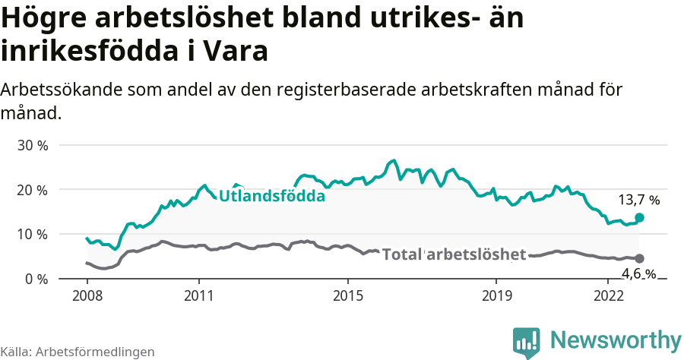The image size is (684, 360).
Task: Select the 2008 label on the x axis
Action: coord(87,294)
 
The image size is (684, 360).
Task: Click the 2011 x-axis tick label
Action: coord(198,294)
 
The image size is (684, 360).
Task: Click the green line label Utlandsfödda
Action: coord(272,196)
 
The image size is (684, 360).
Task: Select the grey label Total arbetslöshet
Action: coord(454,254)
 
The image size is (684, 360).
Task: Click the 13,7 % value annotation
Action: coord(638,201)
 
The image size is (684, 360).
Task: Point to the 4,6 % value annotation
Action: coord(638,274)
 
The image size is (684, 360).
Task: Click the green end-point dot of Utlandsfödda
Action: coord(639,217)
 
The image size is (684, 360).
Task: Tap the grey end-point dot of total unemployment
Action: coord(639,258)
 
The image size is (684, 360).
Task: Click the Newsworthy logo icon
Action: coord(527,342)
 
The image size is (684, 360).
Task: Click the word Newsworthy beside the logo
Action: coord(616,339)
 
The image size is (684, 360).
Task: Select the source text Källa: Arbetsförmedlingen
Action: coord(78,352)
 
